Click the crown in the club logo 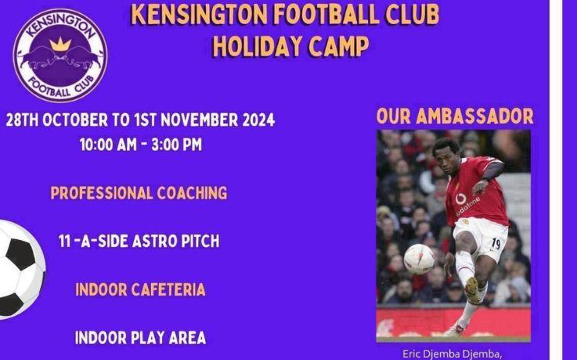click(60, 44)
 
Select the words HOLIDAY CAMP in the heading click(290, 46)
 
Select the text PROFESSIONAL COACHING click(139, 193)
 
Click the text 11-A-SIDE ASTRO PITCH click(139, 242)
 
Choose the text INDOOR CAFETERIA click(140, 290)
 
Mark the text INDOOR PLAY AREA click(140, 338)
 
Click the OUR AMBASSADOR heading click(455, 117)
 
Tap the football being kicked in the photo click(419, 259)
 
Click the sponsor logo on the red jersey click(465, 204)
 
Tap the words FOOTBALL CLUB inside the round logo click(60, 86)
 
